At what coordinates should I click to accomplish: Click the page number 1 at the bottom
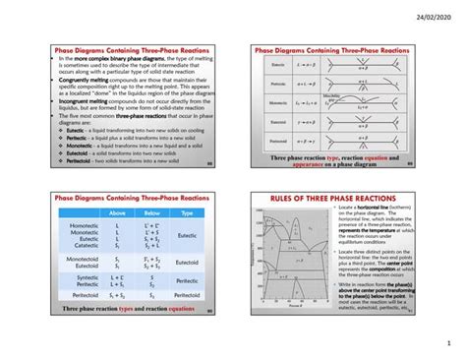pyautogui.click(x=445, y=344)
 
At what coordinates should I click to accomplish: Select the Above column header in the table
pyautogui.click(x=117, y=211)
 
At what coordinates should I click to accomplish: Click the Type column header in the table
pyautogui.click(x=187, y=211)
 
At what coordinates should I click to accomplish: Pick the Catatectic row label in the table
pyautogui.click(x=85, y=243)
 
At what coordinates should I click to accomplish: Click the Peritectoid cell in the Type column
pyautogui.click(x=187, y=294)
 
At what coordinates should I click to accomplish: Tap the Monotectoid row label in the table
pyautogui.click(x=84, y=259)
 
